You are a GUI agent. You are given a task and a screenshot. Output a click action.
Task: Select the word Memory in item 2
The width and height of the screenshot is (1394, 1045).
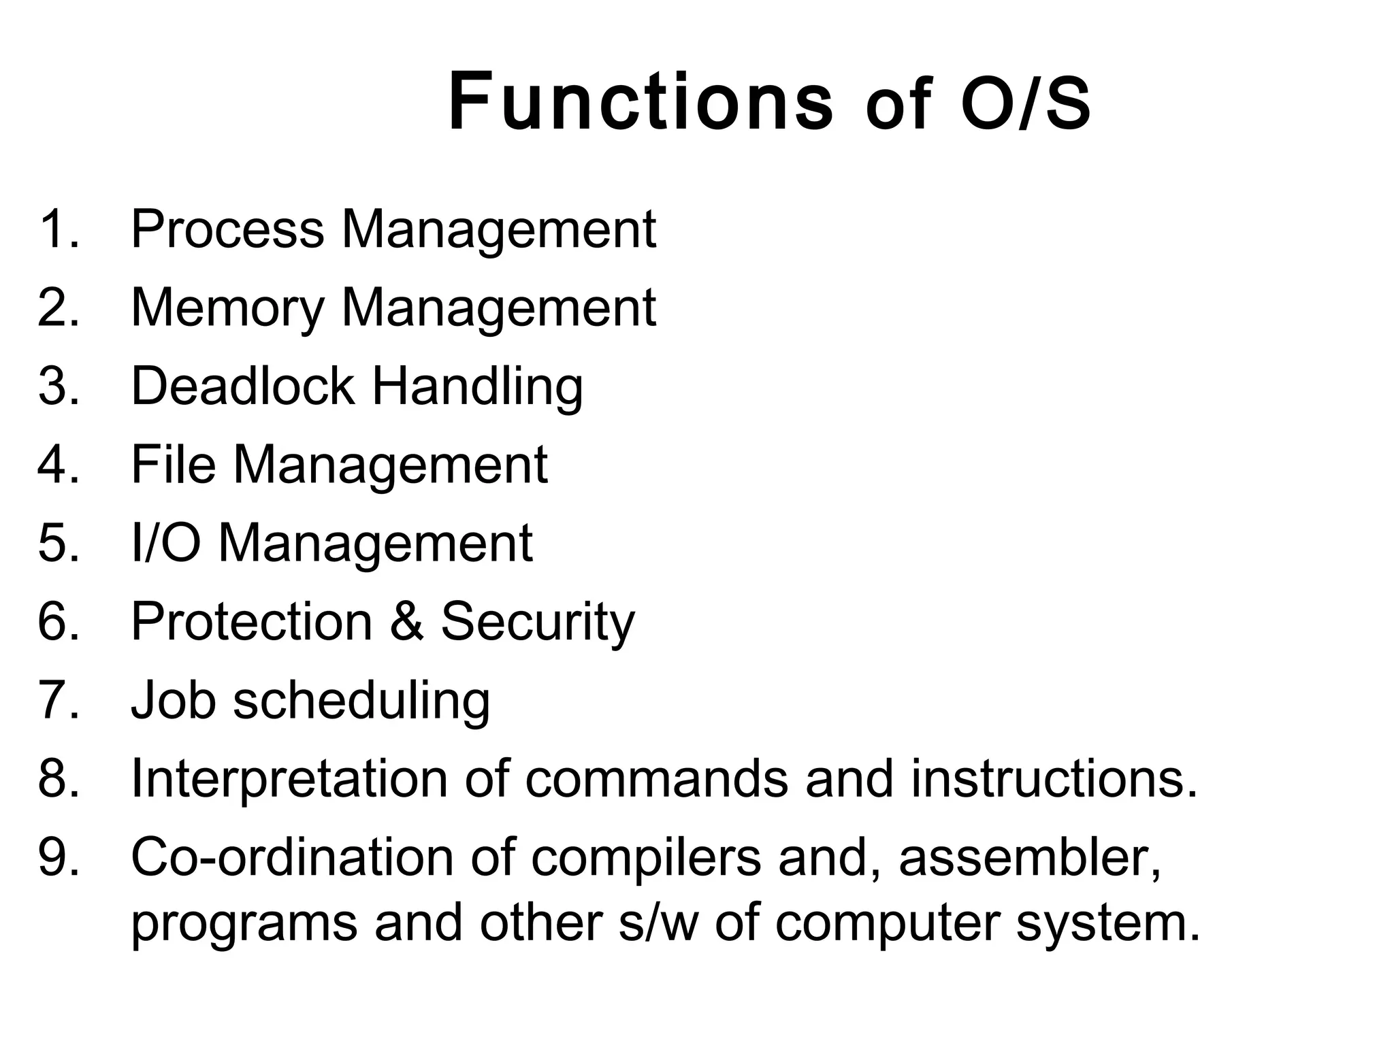point(227,309)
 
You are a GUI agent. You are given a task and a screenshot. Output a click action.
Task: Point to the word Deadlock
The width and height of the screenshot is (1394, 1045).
point(242,386)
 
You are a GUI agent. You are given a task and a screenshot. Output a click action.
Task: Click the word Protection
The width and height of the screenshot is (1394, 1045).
point(251,621)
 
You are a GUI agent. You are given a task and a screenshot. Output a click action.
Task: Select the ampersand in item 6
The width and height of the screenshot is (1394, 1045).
point(407,621)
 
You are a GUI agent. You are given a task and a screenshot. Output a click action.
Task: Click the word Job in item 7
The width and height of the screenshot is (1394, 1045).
point(173,700)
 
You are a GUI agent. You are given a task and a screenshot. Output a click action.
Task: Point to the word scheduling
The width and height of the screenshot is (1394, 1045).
point(361,701)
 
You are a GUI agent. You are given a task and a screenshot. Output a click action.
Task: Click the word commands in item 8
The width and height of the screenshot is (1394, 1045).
point(656,778)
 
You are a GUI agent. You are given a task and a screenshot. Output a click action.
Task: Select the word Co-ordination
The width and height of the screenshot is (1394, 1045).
point(292,857)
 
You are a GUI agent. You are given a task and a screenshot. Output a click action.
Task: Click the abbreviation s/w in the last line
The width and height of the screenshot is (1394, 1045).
point(658,923)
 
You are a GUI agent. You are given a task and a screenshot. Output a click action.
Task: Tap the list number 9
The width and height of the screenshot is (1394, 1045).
point(59,857)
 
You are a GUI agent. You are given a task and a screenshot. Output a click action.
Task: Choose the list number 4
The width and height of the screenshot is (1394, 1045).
point(59,464)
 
